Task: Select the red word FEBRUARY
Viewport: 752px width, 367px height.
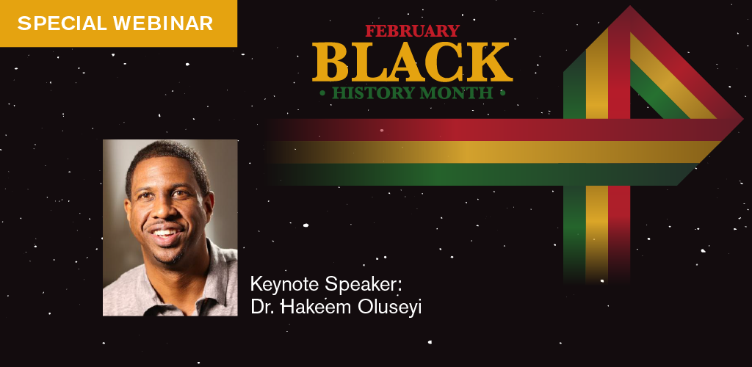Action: click(412, 31)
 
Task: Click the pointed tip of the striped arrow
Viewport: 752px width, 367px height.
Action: click(740, 119)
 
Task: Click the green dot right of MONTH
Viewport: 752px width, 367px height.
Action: click(502, 93)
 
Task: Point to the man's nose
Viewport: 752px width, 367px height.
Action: click(165, 211)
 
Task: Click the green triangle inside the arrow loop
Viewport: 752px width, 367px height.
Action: click(657, 95)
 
